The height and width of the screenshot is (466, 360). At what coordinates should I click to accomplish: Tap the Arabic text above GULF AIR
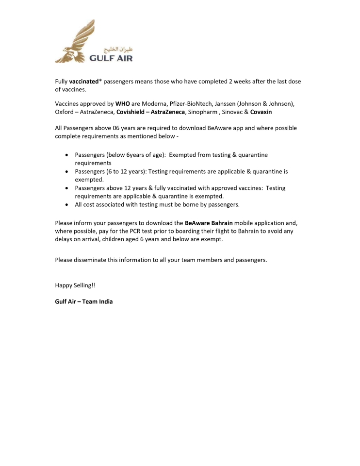118,50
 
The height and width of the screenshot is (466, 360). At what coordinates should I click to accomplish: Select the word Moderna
153,104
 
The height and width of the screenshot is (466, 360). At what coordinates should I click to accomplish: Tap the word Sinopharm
203,112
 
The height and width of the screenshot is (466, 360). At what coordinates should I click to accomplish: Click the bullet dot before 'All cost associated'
66,205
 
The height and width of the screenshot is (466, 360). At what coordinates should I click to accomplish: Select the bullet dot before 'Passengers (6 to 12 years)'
66,172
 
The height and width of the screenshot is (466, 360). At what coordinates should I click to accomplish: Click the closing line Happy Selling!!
75,285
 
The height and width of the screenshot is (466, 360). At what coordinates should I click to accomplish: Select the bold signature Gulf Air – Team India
84,301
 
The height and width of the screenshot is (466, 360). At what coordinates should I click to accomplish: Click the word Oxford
64,112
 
